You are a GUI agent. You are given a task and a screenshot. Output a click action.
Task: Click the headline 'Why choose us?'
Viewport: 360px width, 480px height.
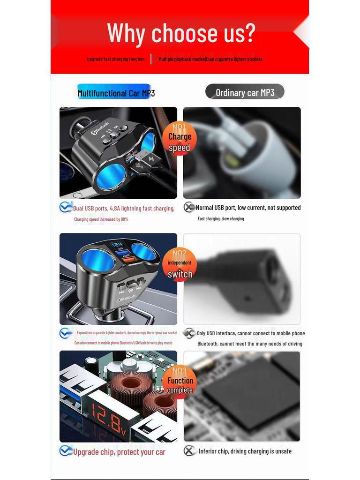(181, 33)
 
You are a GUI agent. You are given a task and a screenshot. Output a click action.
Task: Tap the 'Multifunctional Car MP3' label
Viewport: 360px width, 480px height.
(116, 93)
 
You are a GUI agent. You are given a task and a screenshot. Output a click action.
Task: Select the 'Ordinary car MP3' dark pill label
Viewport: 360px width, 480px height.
(245, 92)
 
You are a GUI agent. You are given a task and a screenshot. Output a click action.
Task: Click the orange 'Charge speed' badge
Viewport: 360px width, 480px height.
(180, 138)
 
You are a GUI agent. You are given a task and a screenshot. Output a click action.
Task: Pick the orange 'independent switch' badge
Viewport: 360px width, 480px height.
(180, 265)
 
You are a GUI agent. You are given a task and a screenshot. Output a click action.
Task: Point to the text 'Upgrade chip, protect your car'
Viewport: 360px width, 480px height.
(119, 452)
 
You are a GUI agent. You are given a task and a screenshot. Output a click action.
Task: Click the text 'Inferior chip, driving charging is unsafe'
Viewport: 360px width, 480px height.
(245, 451)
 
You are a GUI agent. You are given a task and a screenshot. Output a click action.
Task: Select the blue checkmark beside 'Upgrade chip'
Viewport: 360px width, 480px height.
(66, 451)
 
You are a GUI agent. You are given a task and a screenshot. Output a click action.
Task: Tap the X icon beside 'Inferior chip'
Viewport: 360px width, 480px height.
(189, 451)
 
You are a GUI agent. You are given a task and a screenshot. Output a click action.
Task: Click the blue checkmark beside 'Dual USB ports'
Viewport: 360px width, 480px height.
(66, 207)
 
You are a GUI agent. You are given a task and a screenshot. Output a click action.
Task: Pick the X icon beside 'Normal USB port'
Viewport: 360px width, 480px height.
(189, 207)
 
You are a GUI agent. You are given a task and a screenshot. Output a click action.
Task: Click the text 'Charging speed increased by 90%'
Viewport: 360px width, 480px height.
(101, 219)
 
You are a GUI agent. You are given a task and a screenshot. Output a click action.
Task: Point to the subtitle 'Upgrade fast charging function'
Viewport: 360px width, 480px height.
(116, 59)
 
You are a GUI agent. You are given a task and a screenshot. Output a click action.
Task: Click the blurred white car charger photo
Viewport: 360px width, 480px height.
(242, 153)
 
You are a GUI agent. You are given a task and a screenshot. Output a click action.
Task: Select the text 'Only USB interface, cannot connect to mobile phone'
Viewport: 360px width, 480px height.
(250, 333)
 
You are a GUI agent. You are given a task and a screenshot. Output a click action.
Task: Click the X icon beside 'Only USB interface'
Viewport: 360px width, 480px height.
(189, 333)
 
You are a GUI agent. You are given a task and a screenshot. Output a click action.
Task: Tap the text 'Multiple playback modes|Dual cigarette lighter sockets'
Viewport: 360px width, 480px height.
(210, 59)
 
